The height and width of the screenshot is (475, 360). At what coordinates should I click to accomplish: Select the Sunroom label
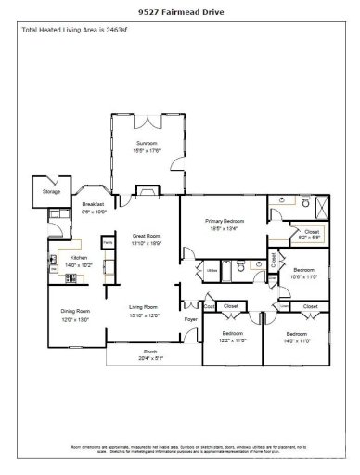147,144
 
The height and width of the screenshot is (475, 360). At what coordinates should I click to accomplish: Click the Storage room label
51,192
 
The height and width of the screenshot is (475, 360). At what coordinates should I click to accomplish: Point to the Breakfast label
93,204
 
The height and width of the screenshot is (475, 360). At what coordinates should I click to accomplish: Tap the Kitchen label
79,258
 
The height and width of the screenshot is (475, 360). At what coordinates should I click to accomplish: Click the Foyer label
190,320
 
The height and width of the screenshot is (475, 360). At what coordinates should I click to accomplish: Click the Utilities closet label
212,270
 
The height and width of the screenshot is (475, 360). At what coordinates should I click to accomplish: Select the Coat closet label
210,306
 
